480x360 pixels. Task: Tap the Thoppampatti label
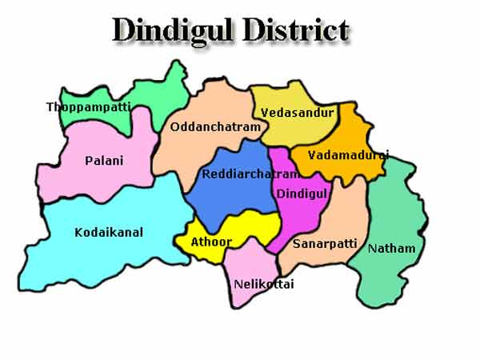88,106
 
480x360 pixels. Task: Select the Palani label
104,161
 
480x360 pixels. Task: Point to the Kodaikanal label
109,233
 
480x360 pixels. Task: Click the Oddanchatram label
215,127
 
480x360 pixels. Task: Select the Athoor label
211,241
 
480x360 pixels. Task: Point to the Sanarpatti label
318,242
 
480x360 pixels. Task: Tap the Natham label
391,249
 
